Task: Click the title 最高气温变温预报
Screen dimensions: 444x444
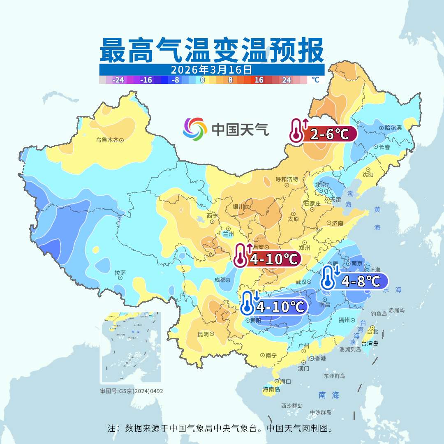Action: [x=212, y=50]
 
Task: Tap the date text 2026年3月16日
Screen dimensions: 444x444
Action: [x=211, y=69]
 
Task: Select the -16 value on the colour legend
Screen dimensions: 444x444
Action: [x=146, y=80]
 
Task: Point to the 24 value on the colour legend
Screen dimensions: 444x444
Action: [x=287, y=80]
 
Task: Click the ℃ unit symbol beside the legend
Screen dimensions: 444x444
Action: [x=315, y=80]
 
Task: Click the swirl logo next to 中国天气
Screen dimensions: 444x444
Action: [x=195, y=129]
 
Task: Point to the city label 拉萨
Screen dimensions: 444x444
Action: [x=120, y=272]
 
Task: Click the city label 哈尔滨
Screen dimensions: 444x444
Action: [x=393, y=128]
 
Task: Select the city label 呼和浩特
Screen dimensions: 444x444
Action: [x=287, y=179]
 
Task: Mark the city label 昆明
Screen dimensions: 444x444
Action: [x=203, y=334]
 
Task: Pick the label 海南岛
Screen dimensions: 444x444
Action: [x=271, y=389]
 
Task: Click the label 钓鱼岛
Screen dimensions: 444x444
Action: [x=379, y=313]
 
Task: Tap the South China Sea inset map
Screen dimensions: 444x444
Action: [x=131, y=348]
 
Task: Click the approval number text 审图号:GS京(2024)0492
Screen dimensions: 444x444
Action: [x=131, y=391]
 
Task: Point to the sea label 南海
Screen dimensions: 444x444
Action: [x=329, y=395]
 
